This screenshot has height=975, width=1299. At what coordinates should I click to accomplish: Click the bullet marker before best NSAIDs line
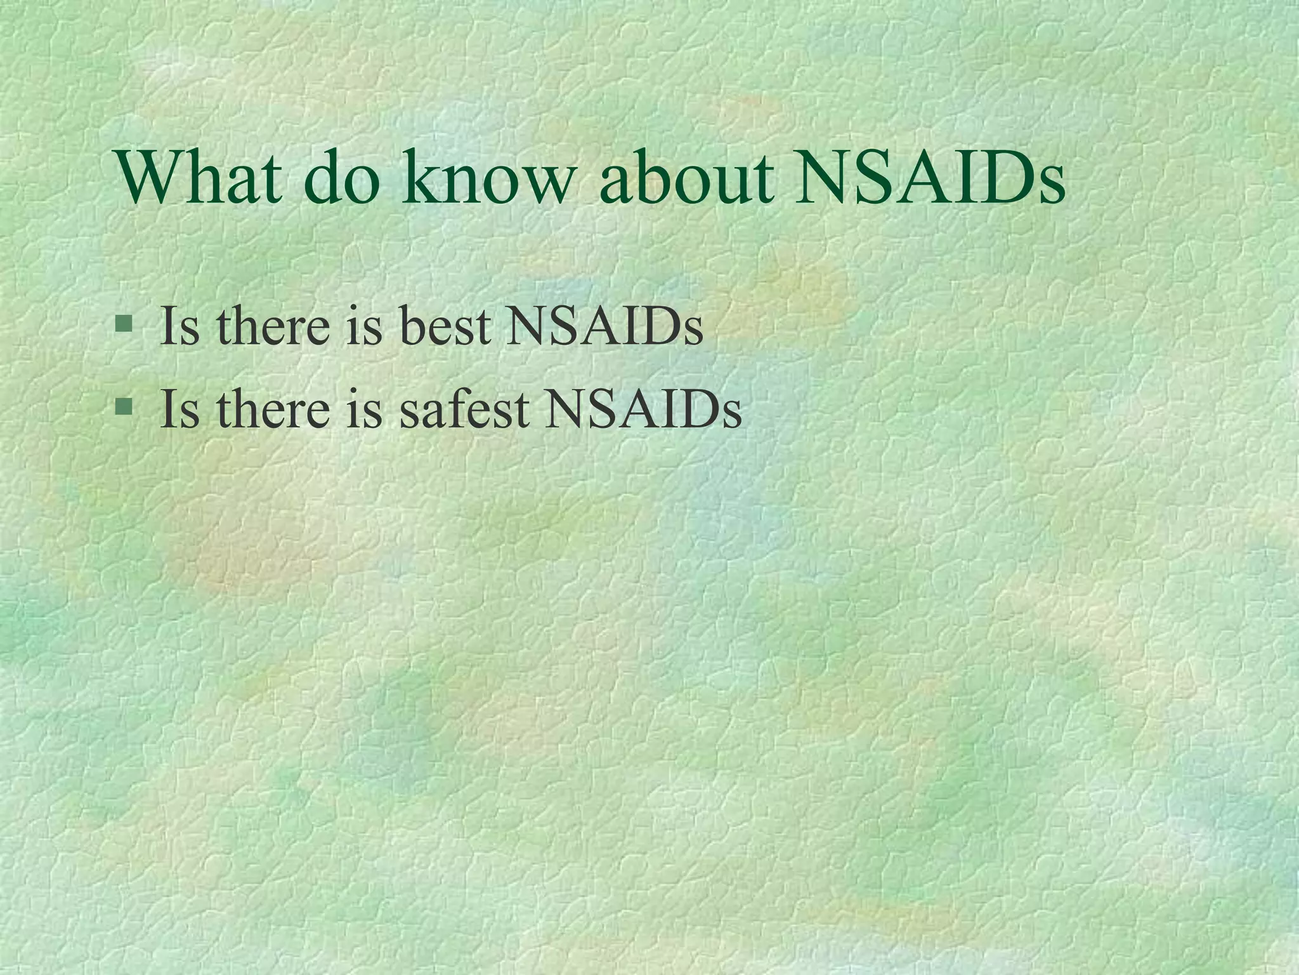(124, 326)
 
